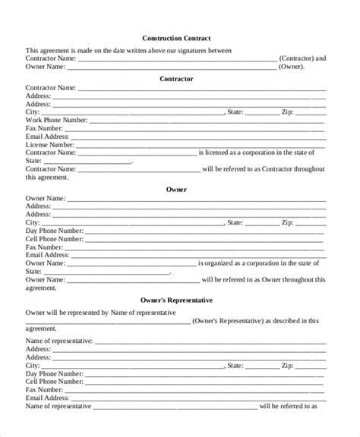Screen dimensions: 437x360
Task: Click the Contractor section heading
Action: click(176, 78)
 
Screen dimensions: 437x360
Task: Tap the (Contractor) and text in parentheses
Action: click(302, 58)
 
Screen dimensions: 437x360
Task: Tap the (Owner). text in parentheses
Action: click(292, 66)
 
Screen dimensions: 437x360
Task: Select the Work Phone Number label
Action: click(56, 120)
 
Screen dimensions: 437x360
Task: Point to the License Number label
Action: click(50, 144)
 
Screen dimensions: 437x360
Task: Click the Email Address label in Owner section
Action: click(49, 255)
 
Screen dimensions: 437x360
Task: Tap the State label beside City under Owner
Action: click(235, 223)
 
